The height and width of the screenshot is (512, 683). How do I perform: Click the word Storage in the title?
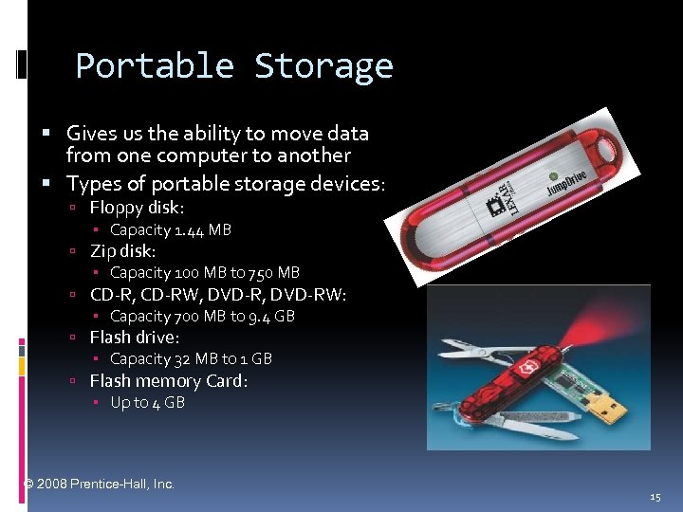tap(323, 66)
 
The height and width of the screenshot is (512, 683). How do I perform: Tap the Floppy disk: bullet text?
tap(137, 207)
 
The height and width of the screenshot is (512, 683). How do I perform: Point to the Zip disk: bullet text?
tap(122, 251)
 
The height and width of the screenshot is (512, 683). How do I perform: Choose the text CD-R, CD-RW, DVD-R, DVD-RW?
tap(218, 294)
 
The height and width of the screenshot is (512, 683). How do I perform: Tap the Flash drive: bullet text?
tap(135, 337)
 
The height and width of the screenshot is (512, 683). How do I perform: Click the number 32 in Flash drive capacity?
tap(182, 358)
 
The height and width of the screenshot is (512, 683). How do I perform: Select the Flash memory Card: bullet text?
tap(169, 380)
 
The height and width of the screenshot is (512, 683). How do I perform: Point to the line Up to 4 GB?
tap(147, 402)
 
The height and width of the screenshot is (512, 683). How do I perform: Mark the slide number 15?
tap(655, 497)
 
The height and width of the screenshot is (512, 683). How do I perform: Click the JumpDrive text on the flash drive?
tap(567, 181)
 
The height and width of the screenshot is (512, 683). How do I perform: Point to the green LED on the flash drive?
tap(553, 174)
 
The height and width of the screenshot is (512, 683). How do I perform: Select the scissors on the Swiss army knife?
tap(474, 352)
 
